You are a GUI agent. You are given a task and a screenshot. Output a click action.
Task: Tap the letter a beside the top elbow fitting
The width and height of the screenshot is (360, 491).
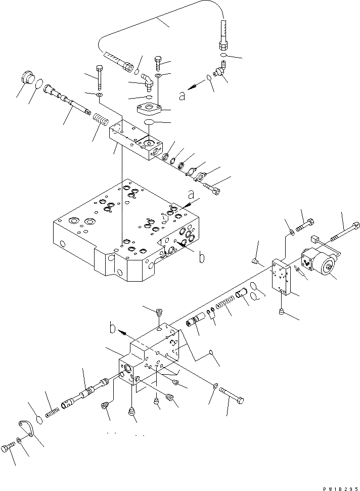[182, 95]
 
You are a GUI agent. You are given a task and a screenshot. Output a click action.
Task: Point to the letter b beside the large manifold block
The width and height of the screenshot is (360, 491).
[201, 258]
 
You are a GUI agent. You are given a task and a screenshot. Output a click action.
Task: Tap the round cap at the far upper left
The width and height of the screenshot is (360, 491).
[27, 80]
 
